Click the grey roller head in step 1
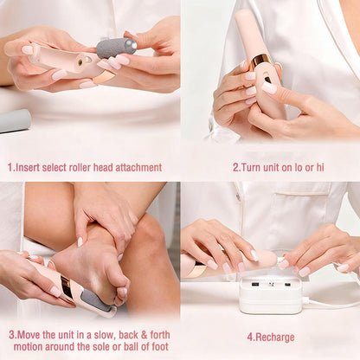click(116, 47)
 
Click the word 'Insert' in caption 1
click(31, 168)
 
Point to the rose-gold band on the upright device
click(260, 60)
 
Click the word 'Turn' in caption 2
click(251, 168)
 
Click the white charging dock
click(270, 295)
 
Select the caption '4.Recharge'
click(270, 337)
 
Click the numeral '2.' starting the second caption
click(235, 168)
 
